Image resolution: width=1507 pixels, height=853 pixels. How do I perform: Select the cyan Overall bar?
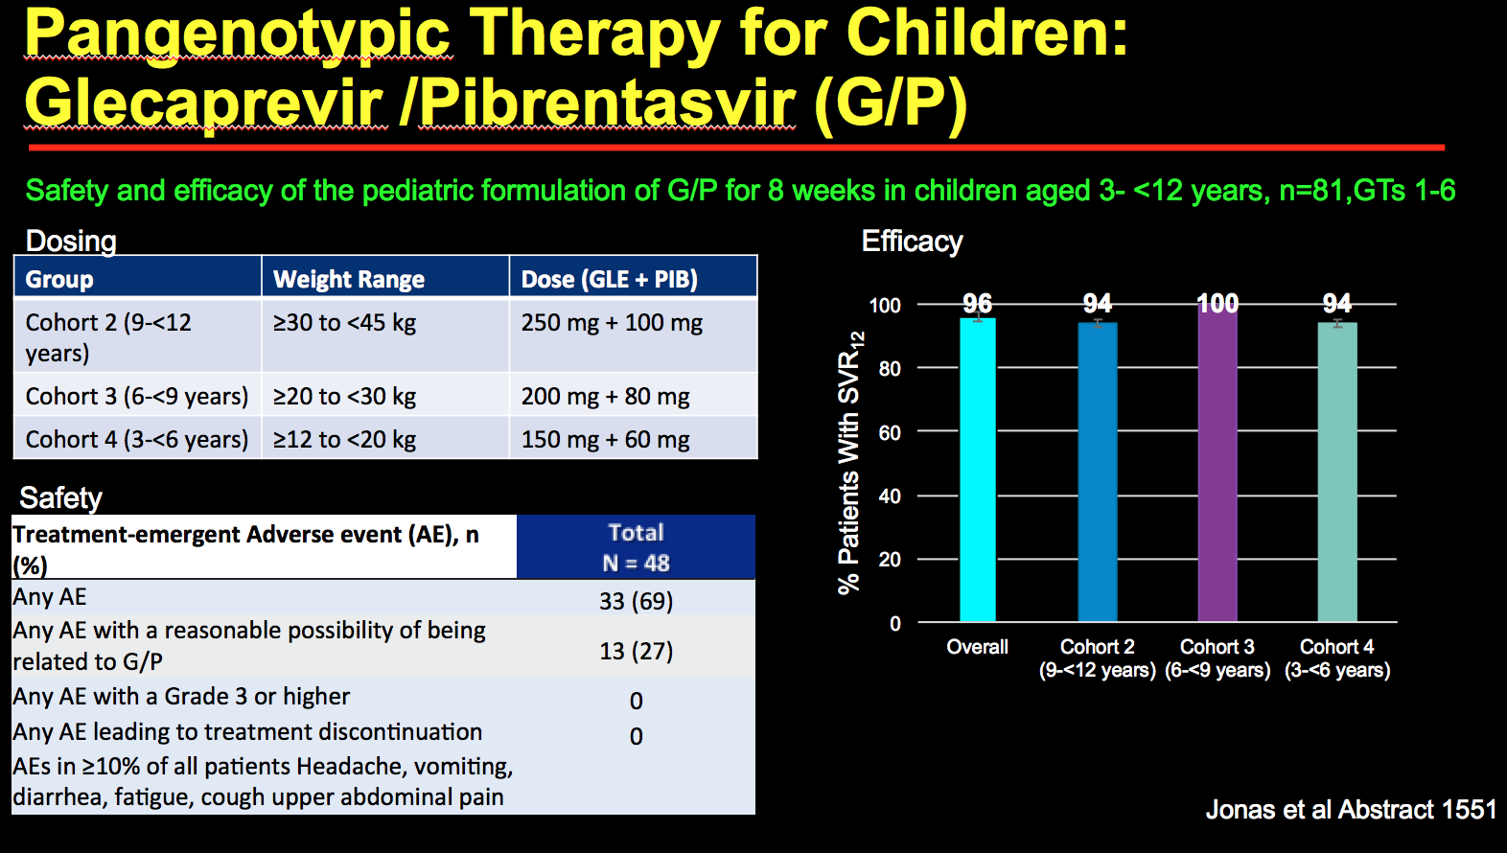click(977, 470)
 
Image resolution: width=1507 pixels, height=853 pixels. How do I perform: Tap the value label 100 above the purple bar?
click(1217, 304)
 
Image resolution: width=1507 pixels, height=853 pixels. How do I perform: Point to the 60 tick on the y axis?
click(889, 432)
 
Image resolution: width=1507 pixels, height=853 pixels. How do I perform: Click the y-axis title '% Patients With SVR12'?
click(850, 463)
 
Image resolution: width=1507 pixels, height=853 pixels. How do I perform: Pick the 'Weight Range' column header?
click(348, 279)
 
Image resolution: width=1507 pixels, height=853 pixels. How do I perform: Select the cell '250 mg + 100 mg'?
click(612, 323)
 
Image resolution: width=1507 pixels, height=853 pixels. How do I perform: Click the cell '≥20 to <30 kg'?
click(344, 396)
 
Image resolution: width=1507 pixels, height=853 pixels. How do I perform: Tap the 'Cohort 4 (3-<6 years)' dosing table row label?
click(137, 439)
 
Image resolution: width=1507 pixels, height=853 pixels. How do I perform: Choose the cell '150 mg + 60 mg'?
click(605, 439)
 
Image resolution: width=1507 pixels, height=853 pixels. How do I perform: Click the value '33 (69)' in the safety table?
click(636, 601)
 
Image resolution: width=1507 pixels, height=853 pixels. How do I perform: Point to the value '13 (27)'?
click(636, 651)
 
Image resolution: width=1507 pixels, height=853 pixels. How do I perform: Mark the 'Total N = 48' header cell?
click(636, 547)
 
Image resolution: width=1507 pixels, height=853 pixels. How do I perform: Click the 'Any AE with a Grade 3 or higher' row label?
click(181, 697)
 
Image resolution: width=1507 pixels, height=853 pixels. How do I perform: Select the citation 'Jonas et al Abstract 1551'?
click(1351, 810)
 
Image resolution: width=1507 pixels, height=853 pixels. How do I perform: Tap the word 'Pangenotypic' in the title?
click(237, 34)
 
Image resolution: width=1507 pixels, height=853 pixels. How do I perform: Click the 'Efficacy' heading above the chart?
click(912, 242)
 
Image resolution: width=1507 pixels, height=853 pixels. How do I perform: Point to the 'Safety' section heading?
click(60, 497)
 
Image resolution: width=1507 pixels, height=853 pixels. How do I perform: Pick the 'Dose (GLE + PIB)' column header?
click(609, 279)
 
